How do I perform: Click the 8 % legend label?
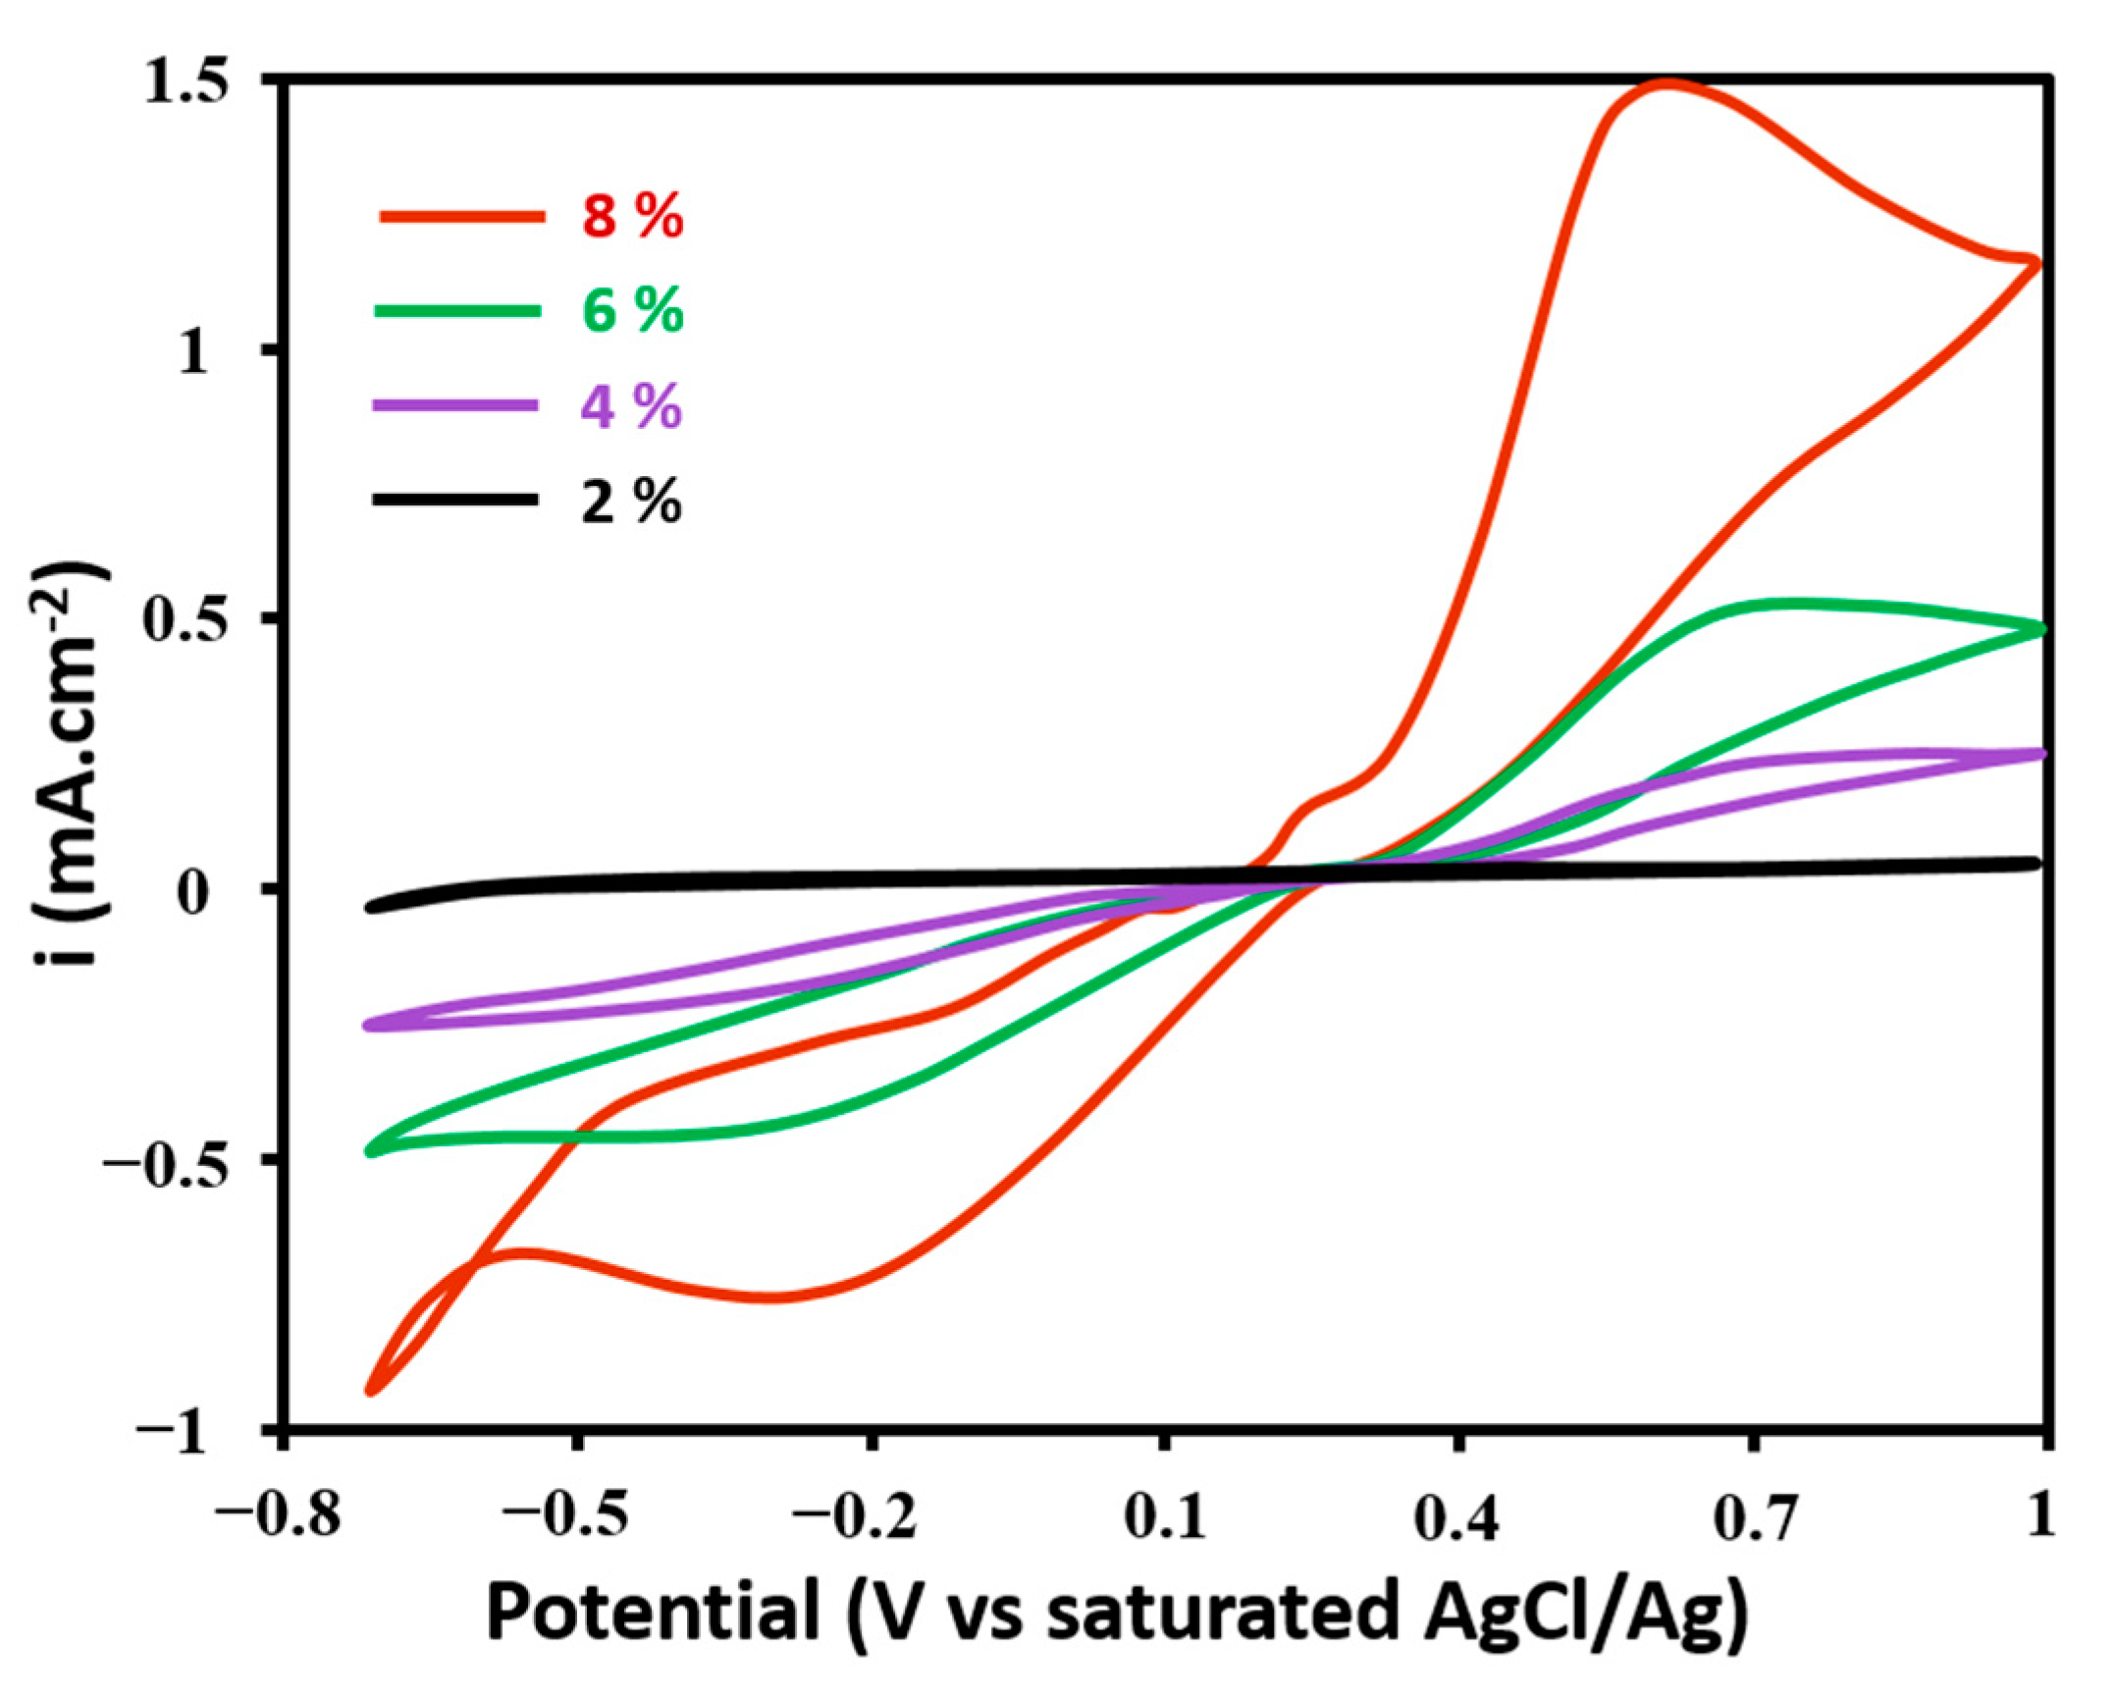pyautogui.click(x=631, y=217)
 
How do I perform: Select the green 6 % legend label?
pyautogui.click(x=631, y=311)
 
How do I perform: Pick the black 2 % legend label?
pyautogui.click(x=631, y=502)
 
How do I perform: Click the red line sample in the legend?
pyautogui.click(x=461, y=216)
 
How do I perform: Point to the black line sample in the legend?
pyautogui.click(x=455, y=500)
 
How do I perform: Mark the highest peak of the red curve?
pyautogui.click(x=1666, y=84)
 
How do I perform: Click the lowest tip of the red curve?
pyautogui.click(x=372, y=1391)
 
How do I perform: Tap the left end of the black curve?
pyautogui.click(x=371, y=907)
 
